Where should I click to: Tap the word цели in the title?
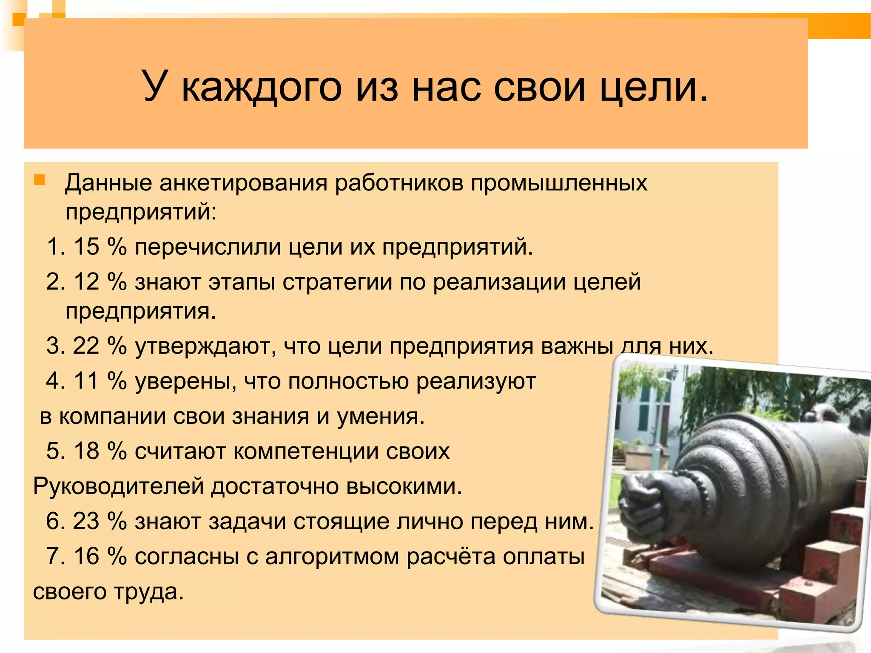pos(654,87)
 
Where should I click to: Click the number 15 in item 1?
pos(87,247)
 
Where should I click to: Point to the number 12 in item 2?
pos(87,282)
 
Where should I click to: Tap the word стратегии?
pos(337,282)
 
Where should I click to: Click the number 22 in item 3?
pos(86,346)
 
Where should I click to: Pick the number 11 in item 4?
pos(87,380)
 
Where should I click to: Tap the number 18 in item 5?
pos(87,451)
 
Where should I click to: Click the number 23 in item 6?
pos(86,521)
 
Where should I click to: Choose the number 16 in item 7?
pos(87,556)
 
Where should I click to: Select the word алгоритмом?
pos(332,556)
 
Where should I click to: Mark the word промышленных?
pos(559,183)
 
